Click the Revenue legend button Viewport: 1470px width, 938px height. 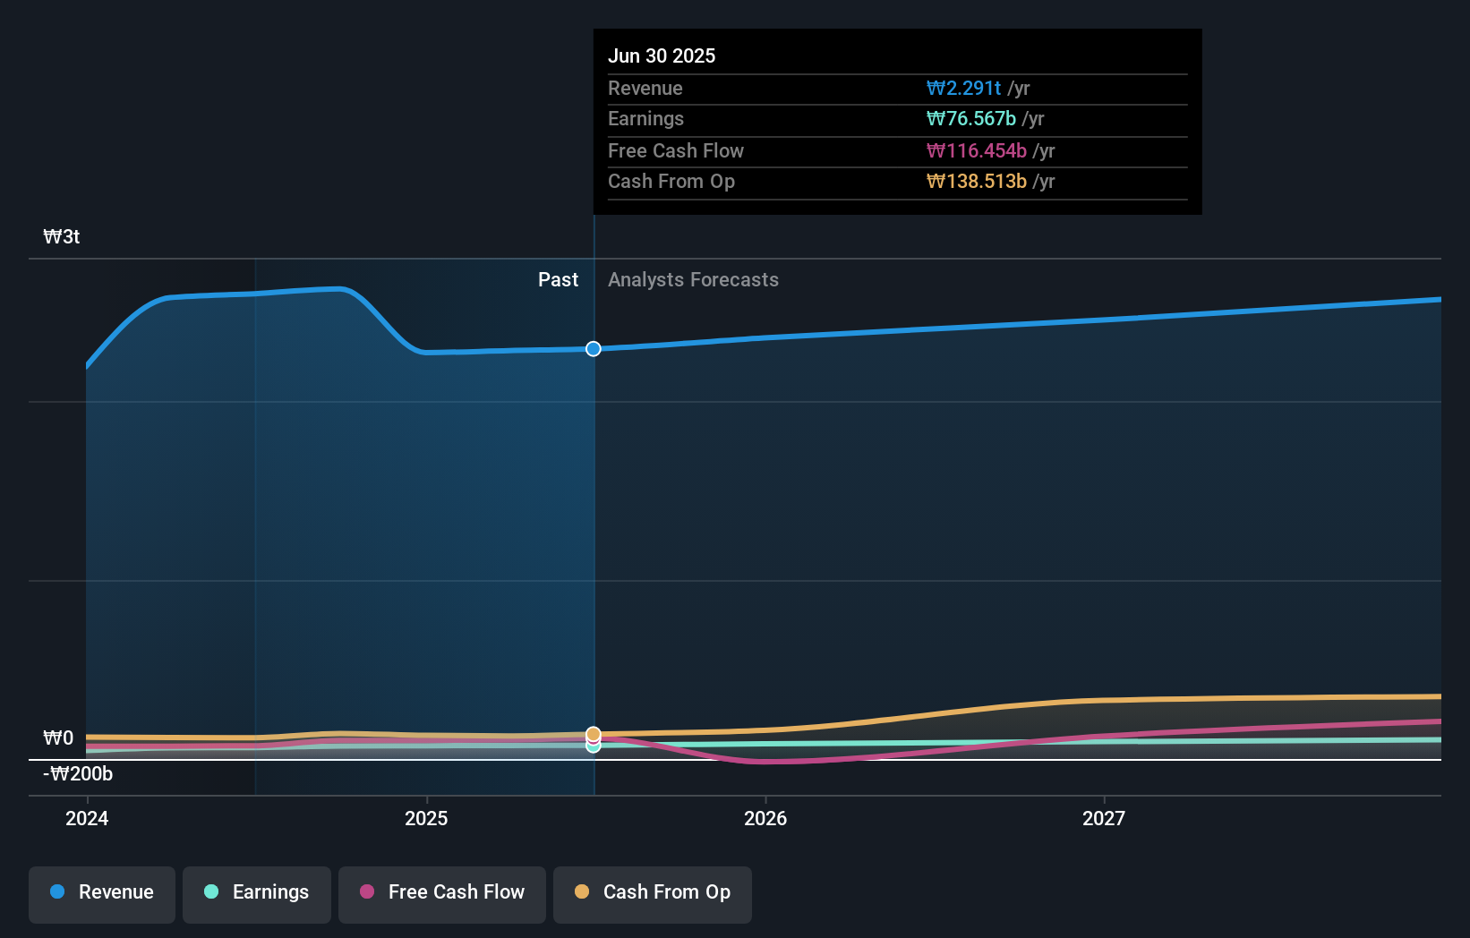pos(102,892)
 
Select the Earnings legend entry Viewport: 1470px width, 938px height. pos(257,892)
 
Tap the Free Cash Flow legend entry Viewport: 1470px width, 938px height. pos(442,892)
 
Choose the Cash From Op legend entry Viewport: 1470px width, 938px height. pos(653,892)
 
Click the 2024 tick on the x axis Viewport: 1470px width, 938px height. pos(87,818)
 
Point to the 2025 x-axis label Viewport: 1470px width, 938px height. pos(426,818)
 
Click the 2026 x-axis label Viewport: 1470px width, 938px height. pos(765,818)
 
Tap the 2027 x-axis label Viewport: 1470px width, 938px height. pos(1104,818)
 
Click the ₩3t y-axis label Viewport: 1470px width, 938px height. pos(62,237)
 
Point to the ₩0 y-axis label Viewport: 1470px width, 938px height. pos(59,738)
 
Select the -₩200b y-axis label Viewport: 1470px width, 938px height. pos(78,774)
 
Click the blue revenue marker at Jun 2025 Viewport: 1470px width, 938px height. pos(594,349)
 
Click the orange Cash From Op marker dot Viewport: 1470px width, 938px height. pos(594,734)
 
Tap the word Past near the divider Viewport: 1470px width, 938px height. pos(558,280)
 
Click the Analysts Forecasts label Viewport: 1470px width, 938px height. pos(693,280)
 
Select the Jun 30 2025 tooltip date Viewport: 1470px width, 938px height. pos(662,56)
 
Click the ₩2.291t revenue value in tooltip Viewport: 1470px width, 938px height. pos(963,89)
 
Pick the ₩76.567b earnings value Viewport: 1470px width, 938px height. pos(970,119)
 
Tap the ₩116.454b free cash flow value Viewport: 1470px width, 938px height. pos(976,151)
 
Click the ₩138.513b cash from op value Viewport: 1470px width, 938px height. pos(976,182)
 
